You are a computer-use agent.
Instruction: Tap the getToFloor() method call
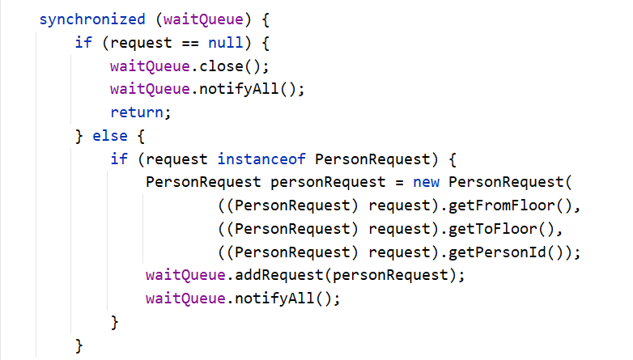click(498, 229)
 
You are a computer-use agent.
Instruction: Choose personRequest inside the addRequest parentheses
click(386, 276)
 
